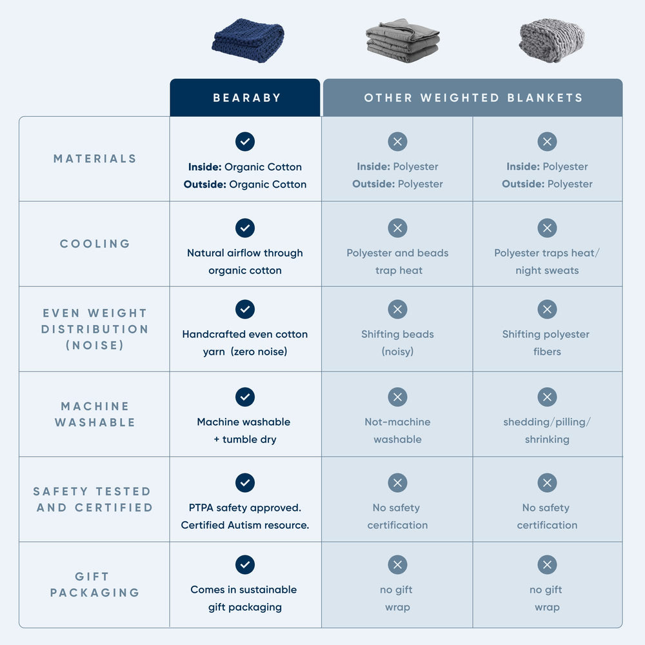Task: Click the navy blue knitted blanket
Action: [x=248, y=40]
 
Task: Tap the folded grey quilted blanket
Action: [x=402, y=40]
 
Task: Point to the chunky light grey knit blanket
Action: [x=551, y=40]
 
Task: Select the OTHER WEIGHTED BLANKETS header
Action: [x=473, y=98]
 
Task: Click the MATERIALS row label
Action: [x=95, y=159]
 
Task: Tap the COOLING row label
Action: [x=95, y=244]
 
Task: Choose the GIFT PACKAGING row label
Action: [x=95, y=584]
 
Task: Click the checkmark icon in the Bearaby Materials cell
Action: [x=245, y=141]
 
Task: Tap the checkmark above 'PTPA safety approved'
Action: [x=245, y=482]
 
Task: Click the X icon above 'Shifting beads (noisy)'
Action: [x=398, y=310]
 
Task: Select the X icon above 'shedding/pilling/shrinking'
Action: [x=547, y=397]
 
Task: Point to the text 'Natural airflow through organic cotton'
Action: [x=245, y=262]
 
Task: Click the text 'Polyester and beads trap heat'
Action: [x=398, y=262]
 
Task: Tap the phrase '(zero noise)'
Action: [x=259, y=352]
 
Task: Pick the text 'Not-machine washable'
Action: [x=398, y=431]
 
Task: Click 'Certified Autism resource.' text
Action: [x=245, y=525]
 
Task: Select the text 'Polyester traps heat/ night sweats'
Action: [x=547, y=262]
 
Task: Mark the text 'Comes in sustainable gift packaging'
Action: [x=244, y=599]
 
